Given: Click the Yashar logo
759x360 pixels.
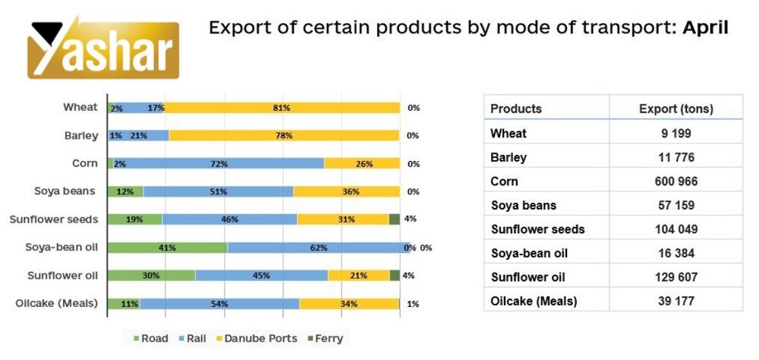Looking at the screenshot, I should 104,47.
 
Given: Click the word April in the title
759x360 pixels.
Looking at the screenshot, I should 705,29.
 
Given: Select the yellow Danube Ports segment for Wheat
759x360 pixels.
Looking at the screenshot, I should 282,108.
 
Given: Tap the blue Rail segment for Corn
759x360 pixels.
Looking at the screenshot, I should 220,163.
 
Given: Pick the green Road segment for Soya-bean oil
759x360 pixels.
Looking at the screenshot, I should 167,248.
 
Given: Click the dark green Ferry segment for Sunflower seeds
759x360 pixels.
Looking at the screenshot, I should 394,219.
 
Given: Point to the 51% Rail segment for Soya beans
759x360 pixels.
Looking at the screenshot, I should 219,191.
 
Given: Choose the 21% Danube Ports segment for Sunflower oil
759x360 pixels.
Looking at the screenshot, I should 358,276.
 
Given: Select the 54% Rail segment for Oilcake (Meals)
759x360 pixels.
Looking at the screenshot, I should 219,304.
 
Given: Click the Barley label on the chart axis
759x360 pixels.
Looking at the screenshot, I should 81,136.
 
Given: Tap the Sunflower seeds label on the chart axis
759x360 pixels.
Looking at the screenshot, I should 54,219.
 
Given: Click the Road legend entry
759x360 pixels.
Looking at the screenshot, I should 152,338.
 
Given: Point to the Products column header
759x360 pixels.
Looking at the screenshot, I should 516,109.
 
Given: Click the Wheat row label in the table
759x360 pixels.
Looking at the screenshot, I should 509,134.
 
